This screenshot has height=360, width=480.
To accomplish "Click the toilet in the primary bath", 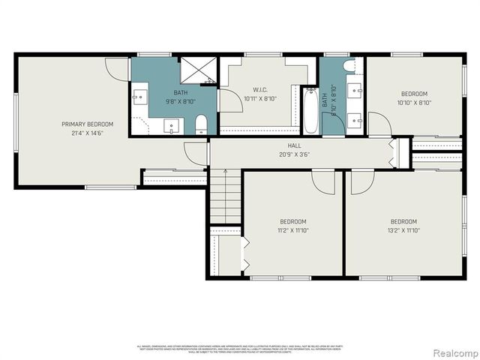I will coord(201,124).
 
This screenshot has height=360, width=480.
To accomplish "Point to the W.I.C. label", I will coord(260,89).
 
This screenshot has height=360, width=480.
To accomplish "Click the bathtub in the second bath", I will coord(310,110).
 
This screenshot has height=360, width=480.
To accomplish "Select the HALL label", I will coord(294,145).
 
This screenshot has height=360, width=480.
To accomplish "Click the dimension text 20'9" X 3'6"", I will coord(294,154).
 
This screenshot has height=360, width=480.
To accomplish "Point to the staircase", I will coord(223,198).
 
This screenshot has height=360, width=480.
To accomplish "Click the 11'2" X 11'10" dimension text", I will coord(293,230).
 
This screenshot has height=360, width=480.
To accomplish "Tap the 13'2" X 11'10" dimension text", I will coord(403,230).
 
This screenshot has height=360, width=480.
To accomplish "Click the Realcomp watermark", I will coord(452,352).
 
